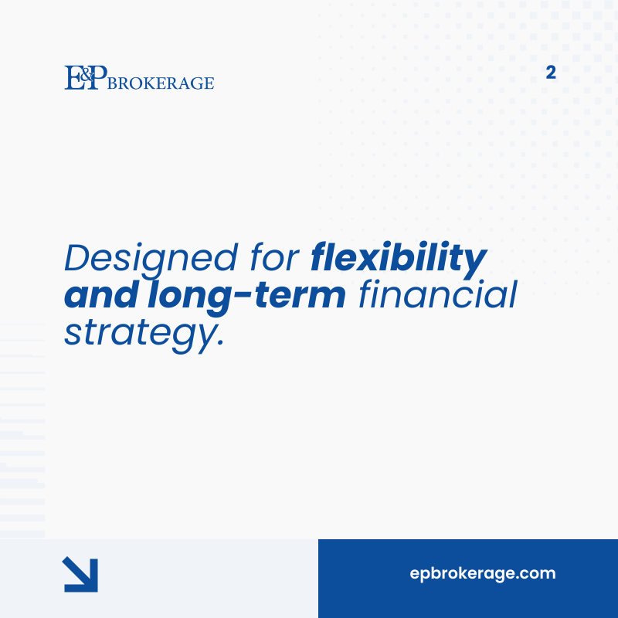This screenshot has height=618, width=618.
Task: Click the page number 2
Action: coord(551,73)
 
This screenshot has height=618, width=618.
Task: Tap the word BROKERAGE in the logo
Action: coord(161,83)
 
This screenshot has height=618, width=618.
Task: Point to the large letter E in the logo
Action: coord(72,78)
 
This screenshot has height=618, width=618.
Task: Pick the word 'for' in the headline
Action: coord(277,259)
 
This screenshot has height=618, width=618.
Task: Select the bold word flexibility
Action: coord(399,259)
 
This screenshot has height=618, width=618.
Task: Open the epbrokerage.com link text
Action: coord(482,574)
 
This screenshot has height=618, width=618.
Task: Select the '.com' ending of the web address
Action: coord(537,574)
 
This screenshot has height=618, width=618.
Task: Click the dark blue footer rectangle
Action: coord(468,599)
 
